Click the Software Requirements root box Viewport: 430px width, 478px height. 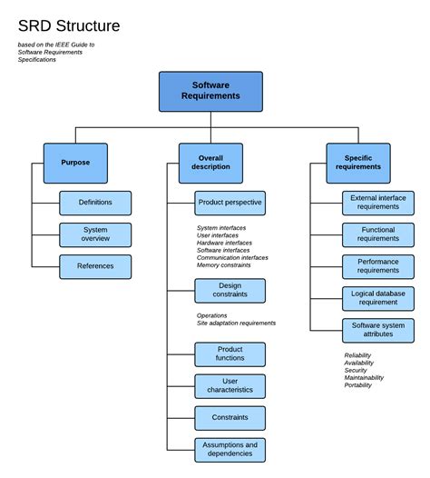210,91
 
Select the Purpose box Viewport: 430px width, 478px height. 75,163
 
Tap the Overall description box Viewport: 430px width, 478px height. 210,163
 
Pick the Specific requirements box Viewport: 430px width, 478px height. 358,163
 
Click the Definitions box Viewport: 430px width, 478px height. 95,203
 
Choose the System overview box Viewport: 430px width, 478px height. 95,234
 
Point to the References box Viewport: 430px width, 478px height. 95,266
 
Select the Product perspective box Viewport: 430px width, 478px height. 230,203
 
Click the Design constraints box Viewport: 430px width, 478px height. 230,291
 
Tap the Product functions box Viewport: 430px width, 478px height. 230,354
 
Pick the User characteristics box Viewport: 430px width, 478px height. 230,386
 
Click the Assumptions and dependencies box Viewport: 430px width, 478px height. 230,450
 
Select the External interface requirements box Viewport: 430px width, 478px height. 378,203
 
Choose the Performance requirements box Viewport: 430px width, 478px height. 378,266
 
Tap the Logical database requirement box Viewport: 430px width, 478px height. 378,298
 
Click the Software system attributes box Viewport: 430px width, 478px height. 378,330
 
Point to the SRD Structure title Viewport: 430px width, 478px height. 69,25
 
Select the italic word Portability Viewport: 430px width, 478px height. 358,384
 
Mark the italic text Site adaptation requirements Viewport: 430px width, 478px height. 236,323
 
